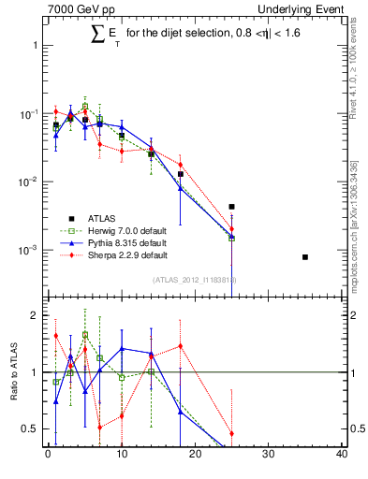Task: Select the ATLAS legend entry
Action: click(x=89, y=217)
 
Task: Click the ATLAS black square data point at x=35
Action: click(x=305, y=256)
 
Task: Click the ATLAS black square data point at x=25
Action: click(x=231, y=207)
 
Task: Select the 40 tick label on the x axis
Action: click(x=342, y=455)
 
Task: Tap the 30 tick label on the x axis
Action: click(x=269, y=455)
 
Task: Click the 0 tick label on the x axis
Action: click(x=48, y=455)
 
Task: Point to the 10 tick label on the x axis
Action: click(x=121, y=455)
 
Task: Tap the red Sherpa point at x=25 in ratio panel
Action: click(x=231, y=433)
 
